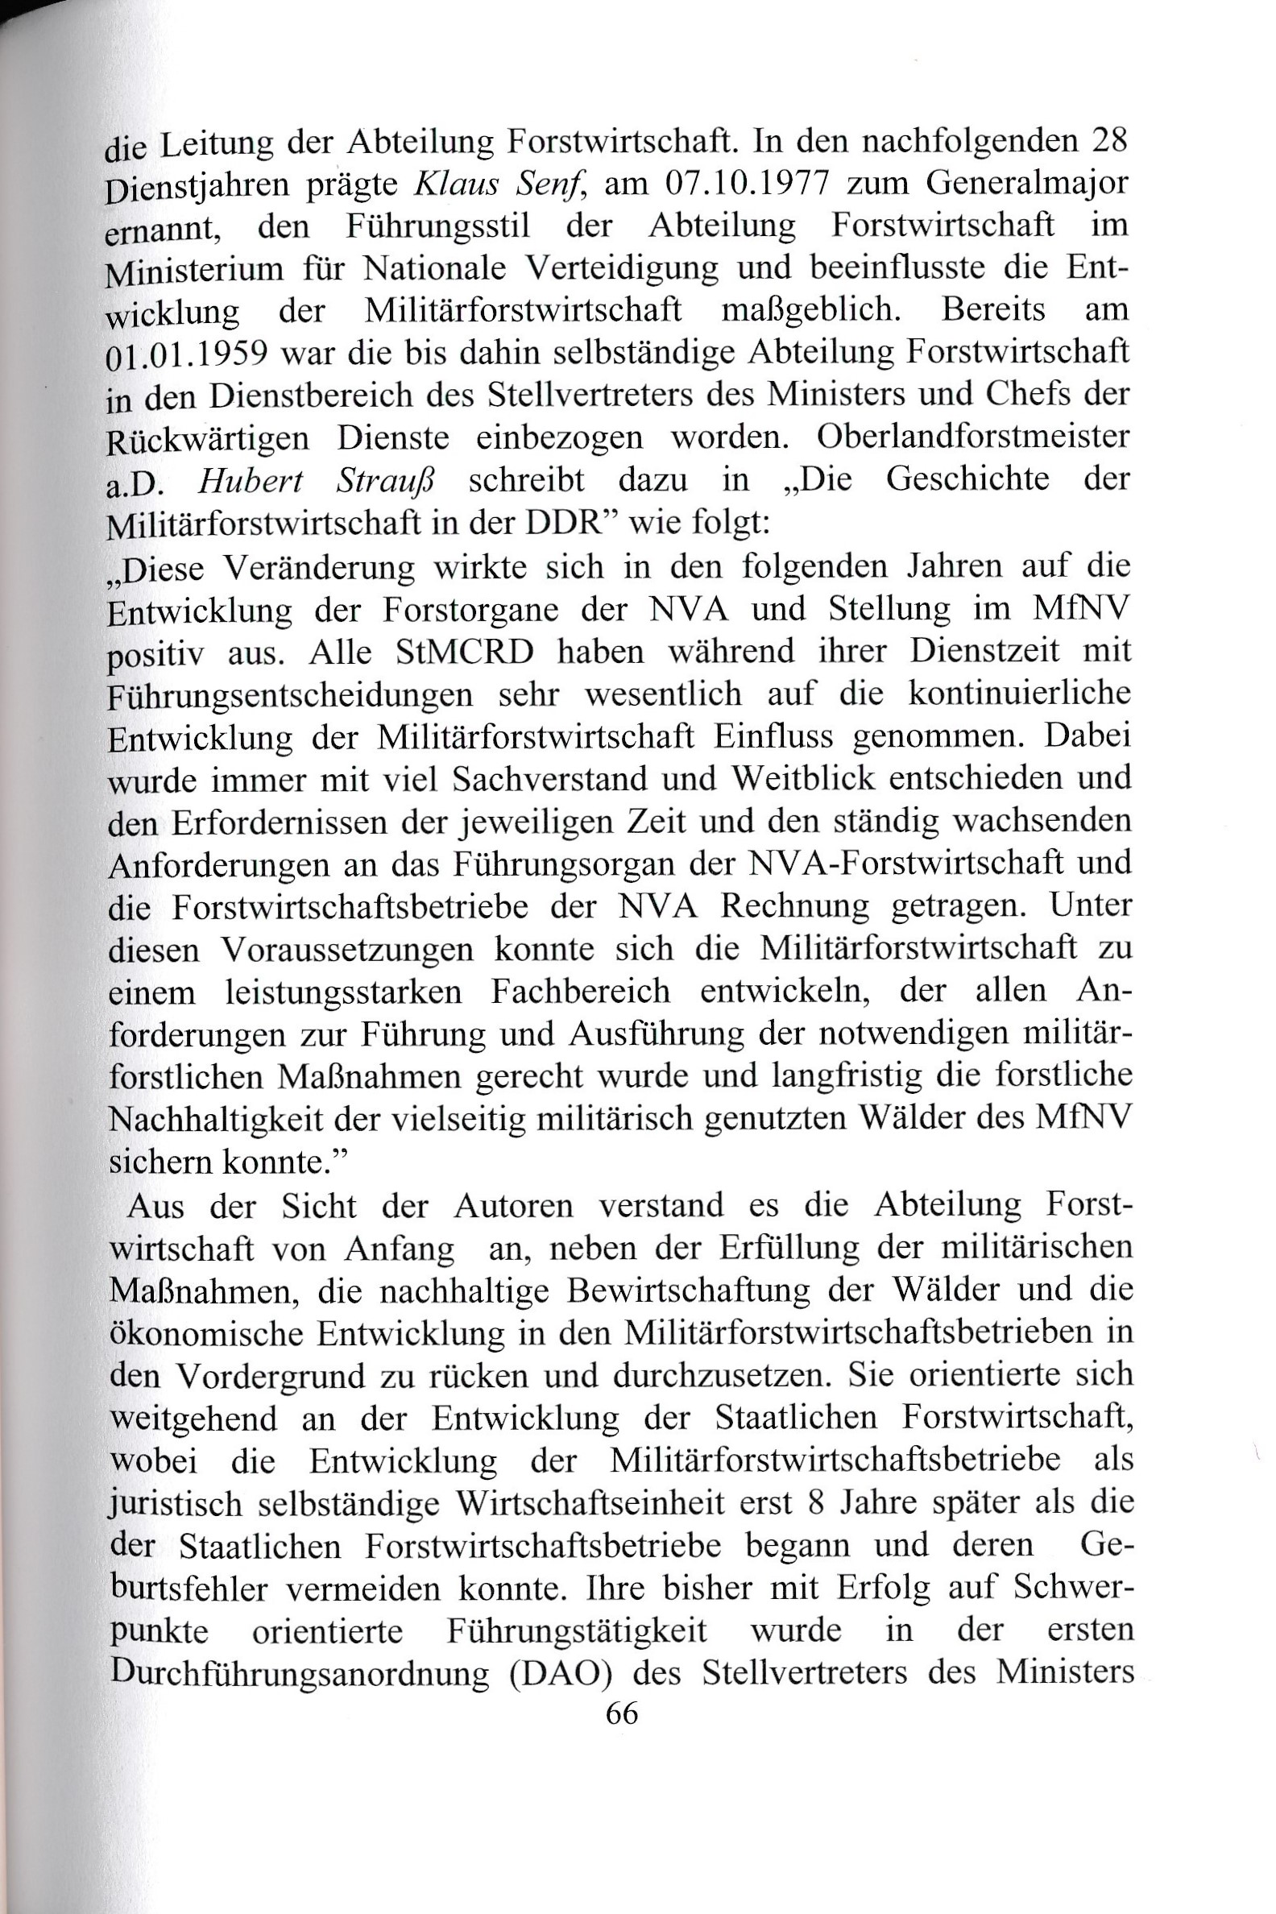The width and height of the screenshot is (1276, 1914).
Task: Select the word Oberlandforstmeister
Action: pyautogui.click(x=972, y=437)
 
